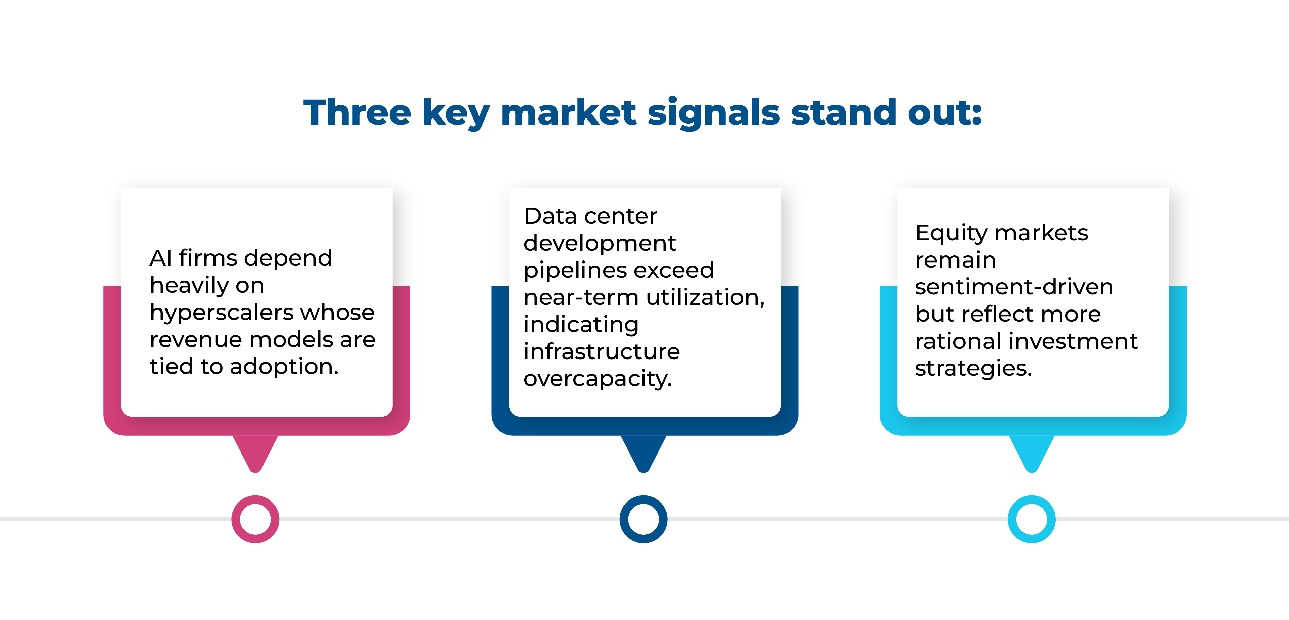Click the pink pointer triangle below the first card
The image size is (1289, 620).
pos(255,450)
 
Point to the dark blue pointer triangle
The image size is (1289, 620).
pos(643,450)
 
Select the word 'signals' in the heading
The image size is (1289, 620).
pos(714,113)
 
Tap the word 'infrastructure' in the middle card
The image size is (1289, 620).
pos(602,352)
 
